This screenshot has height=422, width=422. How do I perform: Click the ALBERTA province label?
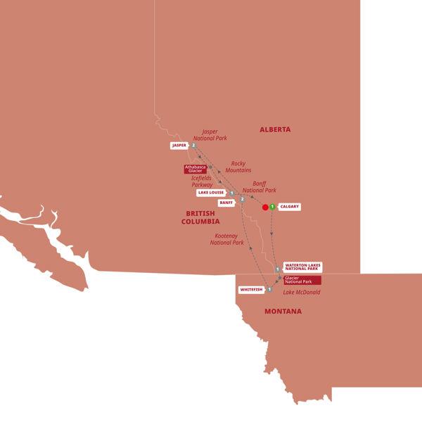(275, 129)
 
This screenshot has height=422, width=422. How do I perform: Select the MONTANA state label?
(283, 311)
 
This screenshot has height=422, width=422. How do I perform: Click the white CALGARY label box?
(290, 207)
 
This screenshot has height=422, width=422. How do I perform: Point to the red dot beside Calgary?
(265, 207)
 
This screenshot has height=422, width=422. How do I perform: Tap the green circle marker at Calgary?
(271, 207)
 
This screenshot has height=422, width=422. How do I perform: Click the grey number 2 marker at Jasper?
(192, 146)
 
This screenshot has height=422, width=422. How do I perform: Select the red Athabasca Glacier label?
(194, 169)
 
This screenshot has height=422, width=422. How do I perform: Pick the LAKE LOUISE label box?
(211, 192)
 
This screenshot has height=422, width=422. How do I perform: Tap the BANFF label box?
(226, 202)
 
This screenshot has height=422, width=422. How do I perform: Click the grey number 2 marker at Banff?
(242, 200)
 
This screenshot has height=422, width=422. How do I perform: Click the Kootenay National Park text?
(227, 239)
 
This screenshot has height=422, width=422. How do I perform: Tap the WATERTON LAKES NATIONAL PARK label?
(302, 267)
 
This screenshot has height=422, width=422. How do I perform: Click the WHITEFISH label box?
(251, 289)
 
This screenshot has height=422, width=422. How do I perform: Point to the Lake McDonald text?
(302, 292)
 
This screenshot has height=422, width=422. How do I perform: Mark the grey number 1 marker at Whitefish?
(269, 288)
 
